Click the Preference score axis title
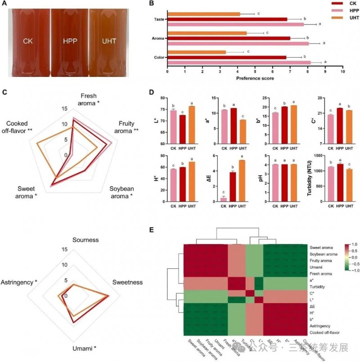coord(255,78)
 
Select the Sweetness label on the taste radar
coord(127,282)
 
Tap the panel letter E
coord(152,230)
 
